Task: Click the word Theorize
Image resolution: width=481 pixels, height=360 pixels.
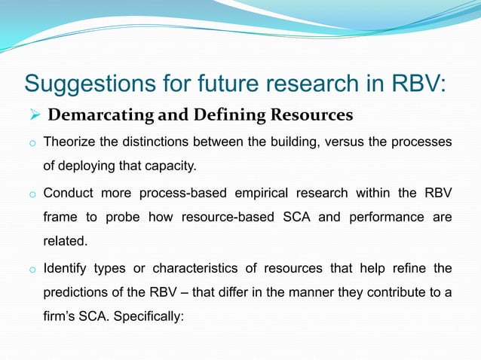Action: (x=70, y=142)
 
